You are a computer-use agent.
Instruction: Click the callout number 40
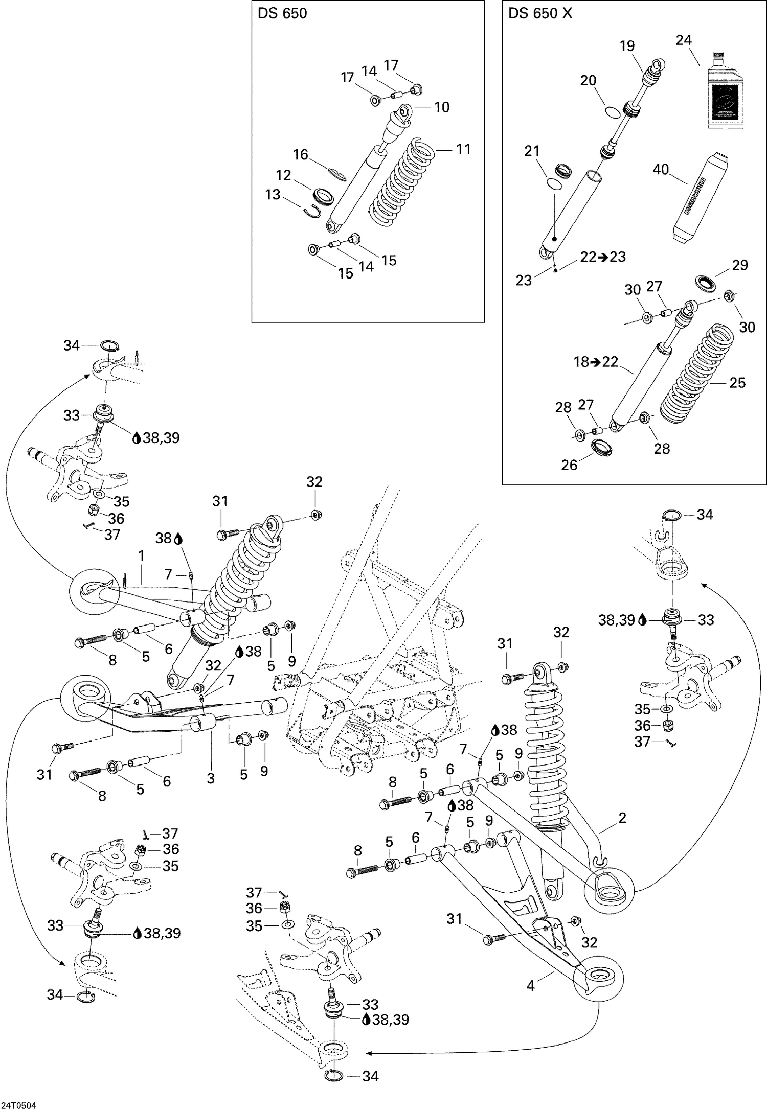tap(661, 169)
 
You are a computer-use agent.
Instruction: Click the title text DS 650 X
tap(540, 14)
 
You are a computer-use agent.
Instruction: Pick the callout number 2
tap(622, 818)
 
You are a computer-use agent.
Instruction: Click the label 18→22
tap(596, 362)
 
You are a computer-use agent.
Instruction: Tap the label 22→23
tap(603, 257)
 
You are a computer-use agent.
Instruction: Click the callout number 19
tap(627, 45)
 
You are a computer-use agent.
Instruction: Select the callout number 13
tap(273, 195)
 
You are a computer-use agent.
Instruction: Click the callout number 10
tap(442, 107)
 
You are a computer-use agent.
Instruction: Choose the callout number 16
tap(300, 154)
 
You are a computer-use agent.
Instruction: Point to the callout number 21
tap(532, 151)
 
